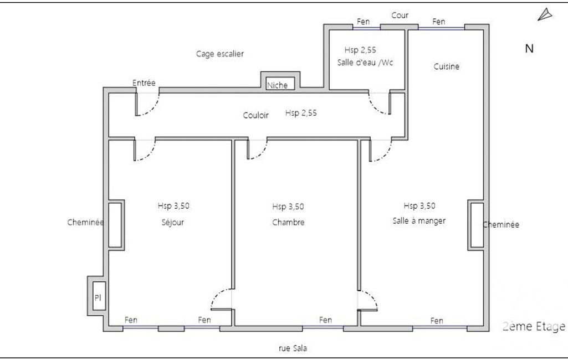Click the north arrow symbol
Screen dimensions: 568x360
coord(545,15)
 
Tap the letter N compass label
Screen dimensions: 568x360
coord(529,49)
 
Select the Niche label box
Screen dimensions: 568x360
coord(280,84)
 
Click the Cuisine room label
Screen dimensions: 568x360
coord(446,66)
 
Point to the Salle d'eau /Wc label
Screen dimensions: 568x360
coord(365,63)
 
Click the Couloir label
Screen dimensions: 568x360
coord(256,115)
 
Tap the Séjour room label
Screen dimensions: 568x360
coord(173,222)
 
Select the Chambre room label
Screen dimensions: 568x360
coord(288,222)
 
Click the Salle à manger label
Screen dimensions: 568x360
coord(419,220)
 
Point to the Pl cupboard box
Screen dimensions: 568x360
coord(99,296)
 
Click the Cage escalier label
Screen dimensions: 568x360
coord(220,54)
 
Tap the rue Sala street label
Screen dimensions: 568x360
coord(293,348)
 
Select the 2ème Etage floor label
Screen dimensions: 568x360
coord(534,326)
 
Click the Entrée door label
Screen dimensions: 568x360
coord(144,83)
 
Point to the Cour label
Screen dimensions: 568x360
coord(400,15)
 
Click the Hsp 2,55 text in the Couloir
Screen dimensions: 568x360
coord(301,113)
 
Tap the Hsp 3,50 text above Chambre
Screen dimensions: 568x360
coord(288,207)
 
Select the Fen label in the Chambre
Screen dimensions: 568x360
coord(325,320)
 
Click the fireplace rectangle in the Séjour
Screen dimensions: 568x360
coord(115,225)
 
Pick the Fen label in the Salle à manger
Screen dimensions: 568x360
coord(437,321)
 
